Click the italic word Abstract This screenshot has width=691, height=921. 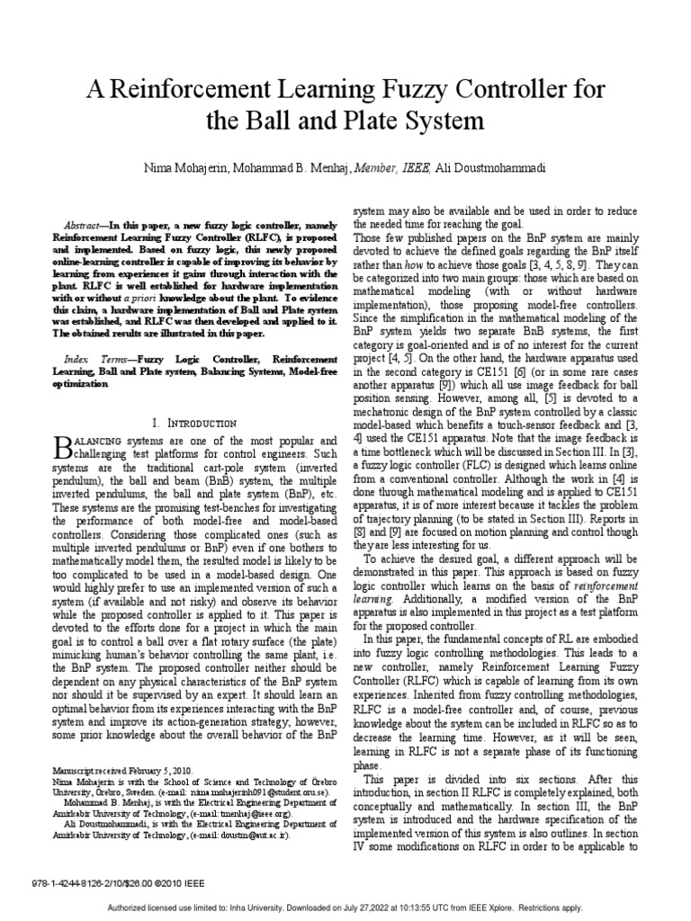(86, 224)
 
